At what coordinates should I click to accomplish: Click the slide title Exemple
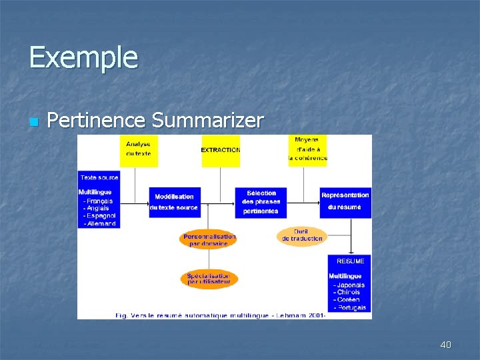83,57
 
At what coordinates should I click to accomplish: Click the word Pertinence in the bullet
97,121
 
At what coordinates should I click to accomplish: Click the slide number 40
445,345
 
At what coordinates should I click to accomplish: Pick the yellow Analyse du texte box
139,149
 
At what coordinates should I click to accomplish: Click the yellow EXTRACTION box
221,150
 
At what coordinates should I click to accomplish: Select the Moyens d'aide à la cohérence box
308,149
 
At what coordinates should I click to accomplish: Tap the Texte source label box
99,177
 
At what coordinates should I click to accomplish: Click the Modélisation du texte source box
174,202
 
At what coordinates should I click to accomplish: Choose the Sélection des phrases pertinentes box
261,202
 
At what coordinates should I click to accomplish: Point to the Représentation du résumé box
345,201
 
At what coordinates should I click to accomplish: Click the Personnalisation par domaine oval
209,239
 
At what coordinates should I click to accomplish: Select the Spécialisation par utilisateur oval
209,279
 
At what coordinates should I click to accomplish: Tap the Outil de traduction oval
302,235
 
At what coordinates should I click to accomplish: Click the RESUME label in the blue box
350,261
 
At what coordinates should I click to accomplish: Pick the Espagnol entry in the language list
101,215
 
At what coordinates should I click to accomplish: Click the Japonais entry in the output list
351,285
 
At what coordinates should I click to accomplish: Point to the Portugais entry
351,307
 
